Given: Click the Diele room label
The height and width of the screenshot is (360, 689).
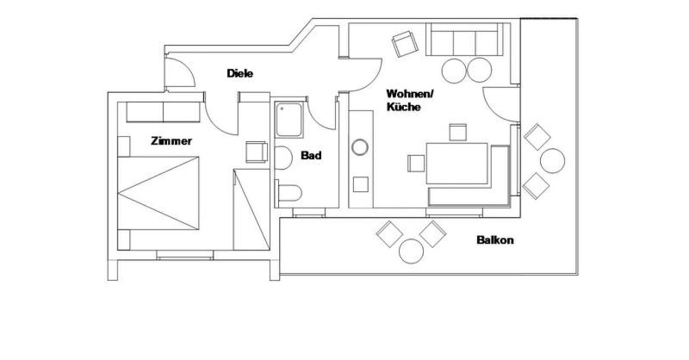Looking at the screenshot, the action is click(240, 73).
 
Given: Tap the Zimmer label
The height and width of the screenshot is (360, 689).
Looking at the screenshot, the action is click(171, 141).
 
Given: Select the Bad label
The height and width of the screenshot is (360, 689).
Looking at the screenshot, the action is click(311, 155).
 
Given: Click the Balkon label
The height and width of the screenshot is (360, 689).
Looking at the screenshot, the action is click(495, 240).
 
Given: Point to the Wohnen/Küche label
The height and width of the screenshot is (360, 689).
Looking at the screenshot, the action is click(410, 100).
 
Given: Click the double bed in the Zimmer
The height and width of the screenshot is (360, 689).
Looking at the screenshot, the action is click(158, 193).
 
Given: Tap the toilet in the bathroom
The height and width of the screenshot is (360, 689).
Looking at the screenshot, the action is click(289, 193).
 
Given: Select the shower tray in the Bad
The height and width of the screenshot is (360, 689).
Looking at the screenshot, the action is click(289, 119).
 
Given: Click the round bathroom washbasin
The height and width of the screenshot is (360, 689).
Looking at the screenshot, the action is click(283, 158).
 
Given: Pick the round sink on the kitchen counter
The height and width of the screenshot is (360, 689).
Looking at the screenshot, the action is click(360, 147).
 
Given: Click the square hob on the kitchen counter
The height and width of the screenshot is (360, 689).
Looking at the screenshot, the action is click(361, 184).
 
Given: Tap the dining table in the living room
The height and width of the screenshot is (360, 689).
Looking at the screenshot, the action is click(457, 164).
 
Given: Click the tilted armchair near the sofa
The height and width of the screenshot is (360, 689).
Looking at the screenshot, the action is click(405, 44).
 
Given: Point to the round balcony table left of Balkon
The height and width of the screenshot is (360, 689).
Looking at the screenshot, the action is click(412, 251).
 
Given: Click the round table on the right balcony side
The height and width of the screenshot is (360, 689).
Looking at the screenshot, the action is click(552, 160).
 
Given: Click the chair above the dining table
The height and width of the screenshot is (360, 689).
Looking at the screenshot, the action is click(458, 132).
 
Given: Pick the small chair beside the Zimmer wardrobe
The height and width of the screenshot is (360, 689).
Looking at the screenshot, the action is click(257, 152).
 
